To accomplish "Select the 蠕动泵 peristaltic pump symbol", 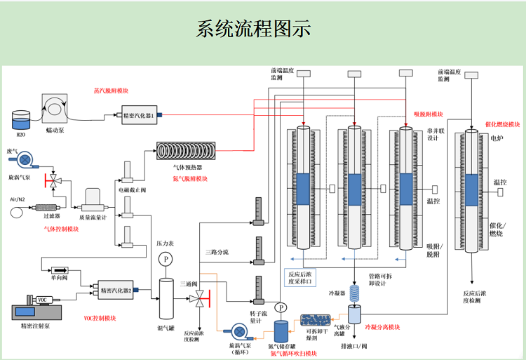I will pyautogui.click(x=54, y=107).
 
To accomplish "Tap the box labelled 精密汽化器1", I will pyautogui.click(x=138, y=114).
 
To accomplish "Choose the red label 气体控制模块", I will pyautogui.click(x=60, y=228).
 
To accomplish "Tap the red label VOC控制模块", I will pyautogui.click(x=100, y=318).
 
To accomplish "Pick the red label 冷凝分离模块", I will pyautogui.click(x=383, y=327).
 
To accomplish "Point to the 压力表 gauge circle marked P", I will pyautogui.click(x=166, y=260).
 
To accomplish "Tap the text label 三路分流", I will pyautogui.click(x=217, y=251).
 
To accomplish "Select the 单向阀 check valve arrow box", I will pyautogui.click(x=58, y=270).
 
